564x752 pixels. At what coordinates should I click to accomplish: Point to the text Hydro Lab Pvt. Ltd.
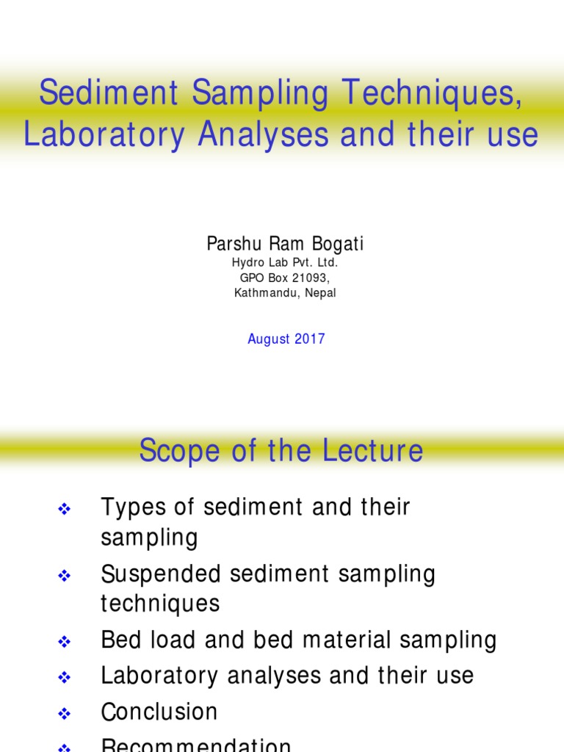pyautogui.click(x=285, y=262)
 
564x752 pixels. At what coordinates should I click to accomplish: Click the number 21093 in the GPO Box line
pyautogui.click(x=307, y=278)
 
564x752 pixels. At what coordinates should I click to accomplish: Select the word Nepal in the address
pyautogui.click(x=320, y=293)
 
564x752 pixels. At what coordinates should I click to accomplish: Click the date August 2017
pyautogui.click(x=286, y=339)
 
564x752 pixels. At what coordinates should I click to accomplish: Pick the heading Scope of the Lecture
pyautogui.click(x=281, y=450)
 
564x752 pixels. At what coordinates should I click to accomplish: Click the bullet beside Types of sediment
pyautogui.click(x=63, y=508)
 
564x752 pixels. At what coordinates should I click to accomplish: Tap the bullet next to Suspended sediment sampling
pyautogui.click(x=63, y=576)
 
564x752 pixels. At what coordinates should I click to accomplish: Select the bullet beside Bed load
pyautogui.click(x=63, y=642)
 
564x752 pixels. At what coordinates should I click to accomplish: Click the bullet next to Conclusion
pyautogui.click(x=63, y=713)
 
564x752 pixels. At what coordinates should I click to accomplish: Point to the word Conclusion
pyautogui.click(x=159, y=712)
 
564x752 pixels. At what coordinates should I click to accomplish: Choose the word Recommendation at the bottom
pyautogui.click(x=196, y=745)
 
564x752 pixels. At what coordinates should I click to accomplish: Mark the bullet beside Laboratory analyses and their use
pyautogui.click(x=63, y=678)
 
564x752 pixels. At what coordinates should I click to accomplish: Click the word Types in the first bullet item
pyautogui.click(x=128, y=507)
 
